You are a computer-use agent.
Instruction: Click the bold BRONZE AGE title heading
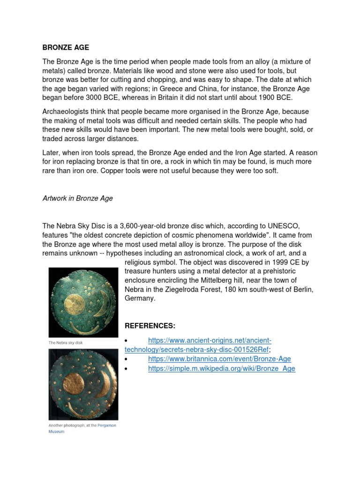coord(66,47)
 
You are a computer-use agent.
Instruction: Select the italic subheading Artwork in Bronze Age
coord(77,198)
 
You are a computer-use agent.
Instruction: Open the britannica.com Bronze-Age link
coord(219,359)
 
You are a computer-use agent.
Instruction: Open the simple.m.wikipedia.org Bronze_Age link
coord(221,368)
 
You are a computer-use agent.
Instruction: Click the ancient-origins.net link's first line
coord(210,340)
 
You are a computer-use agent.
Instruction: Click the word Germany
coord(138,298)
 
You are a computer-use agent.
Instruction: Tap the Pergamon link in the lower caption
coord(106,425)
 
